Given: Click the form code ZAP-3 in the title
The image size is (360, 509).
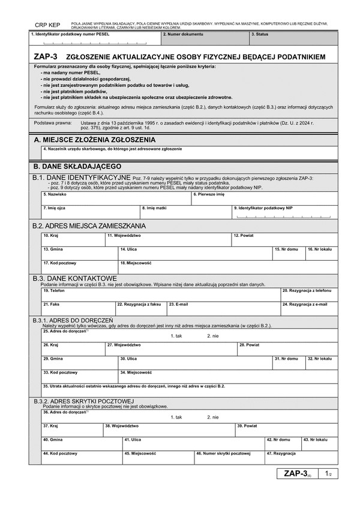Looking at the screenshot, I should click(x=46, y=56).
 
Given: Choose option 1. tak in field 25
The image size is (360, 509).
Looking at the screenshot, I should click(x=176, y=336).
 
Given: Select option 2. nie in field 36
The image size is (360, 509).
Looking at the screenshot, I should click(x=213, y=417).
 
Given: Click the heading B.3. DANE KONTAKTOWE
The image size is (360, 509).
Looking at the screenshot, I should click(x=74, y=278).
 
